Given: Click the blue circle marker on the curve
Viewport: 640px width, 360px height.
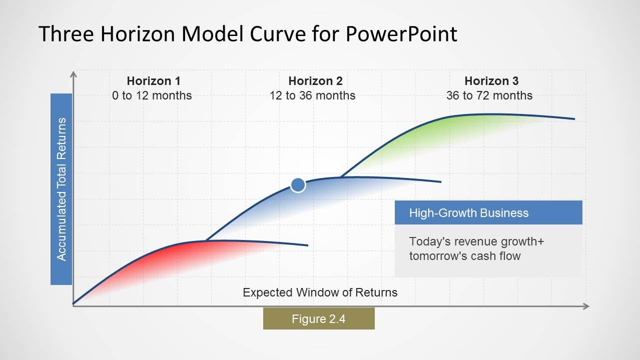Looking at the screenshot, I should tap(298, 185).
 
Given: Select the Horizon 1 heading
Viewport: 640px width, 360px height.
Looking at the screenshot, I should tap(153, 81).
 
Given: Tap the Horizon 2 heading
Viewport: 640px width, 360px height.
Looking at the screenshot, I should tap(315, 81).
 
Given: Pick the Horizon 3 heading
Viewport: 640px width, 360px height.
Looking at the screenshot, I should tap(491, 81).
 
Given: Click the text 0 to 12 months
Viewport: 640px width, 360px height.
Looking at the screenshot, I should tap(152, 95).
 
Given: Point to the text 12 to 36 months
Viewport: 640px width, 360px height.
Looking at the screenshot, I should tap(312, 95).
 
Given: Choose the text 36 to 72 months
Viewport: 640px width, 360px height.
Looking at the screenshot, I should tap(489, 95).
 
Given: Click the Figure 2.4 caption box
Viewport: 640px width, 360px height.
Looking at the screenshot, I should tap(319, 318).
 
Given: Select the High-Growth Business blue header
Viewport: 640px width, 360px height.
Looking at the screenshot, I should tap(488, 213).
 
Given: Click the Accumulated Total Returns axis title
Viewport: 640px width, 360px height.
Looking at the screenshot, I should tap(61, 189).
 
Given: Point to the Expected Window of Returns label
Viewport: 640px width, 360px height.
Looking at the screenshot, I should tap(320, 292).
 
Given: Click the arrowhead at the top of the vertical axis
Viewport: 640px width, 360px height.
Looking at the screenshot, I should tap(74, 74).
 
